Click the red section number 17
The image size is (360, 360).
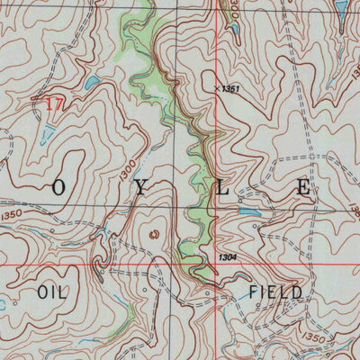[x=54, y=105]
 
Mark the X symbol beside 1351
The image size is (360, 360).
[x=219, y=88]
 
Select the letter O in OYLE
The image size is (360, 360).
[x=59, y=189]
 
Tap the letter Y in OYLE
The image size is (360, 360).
[x=140, y=188]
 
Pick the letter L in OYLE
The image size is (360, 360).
[x=223, y=188]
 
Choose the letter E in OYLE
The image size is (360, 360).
[x=304, y=188]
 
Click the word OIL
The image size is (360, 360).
[x=53, y=292]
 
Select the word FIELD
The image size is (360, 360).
[x=275, y=292]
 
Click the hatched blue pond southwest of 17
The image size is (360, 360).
[x=46, y=136]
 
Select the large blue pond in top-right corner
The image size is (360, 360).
[x=341, y=9]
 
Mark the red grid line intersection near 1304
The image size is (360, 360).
[x=219, y=266]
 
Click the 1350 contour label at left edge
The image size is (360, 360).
[x=13, y=216]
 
